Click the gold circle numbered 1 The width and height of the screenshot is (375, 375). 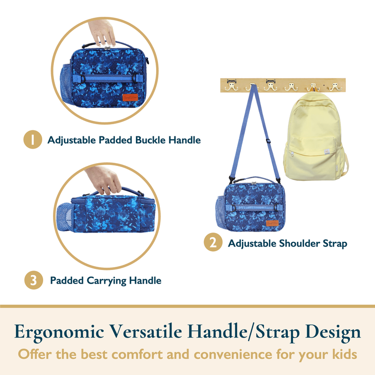[33, 139]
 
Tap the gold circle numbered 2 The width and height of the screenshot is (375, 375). [213, 242]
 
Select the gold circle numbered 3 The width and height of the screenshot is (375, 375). [34, 280]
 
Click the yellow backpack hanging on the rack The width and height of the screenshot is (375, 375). [315, 136]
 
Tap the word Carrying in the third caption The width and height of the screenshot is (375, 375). [106, 281]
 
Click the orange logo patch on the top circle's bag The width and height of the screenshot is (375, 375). [130, 97]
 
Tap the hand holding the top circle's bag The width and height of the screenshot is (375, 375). [102, 32]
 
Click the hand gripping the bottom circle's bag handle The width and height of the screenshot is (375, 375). [104, 180]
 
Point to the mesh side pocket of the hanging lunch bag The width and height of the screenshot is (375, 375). [220, 212]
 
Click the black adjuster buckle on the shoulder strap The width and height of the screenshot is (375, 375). [268, 141]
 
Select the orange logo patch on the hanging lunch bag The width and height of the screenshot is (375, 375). [272, 223]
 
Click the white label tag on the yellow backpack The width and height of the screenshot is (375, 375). [327, 151]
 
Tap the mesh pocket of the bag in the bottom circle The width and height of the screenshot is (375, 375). [65, 217]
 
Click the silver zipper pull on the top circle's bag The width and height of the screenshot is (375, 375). [107, 48]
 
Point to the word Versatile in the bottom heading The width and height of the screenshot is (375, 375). [145, 332]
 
